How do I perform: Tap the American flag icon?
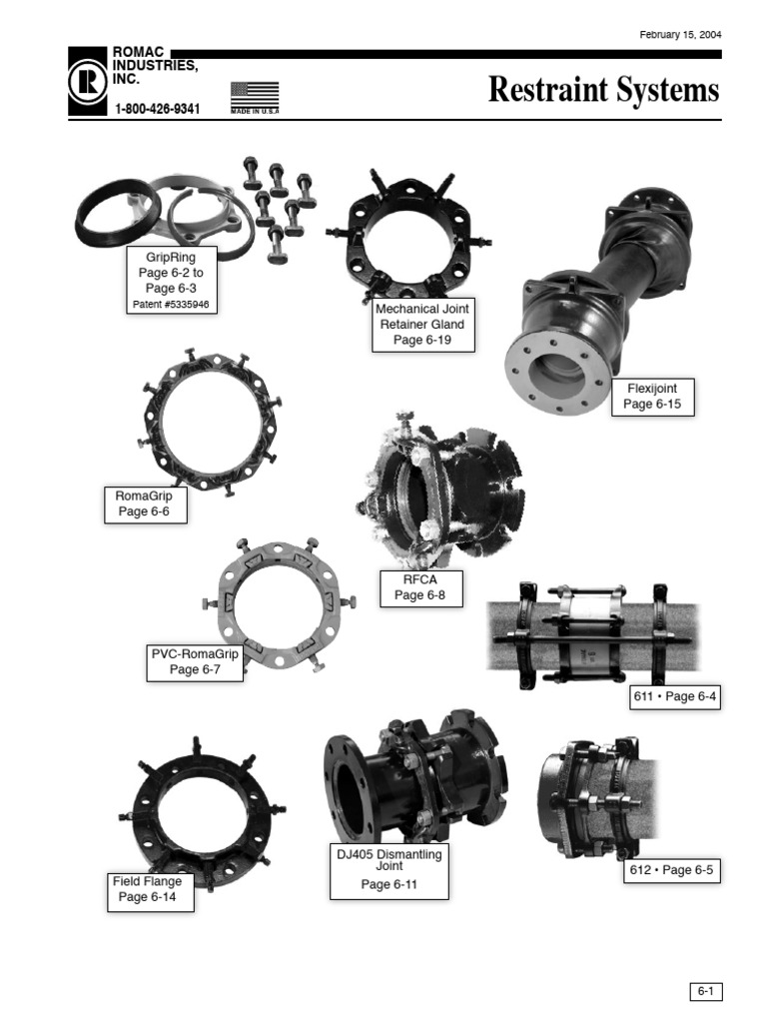coord(254,96)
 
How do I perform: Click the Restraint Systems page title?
coord(603,90)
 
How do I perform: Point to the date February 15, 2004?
coord(680,35)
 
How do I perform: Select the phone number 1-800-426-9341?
coord(158,109)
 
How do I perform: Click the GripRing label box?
coord(171,278)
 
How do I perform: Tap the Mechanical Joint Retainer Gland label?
coord(422,325)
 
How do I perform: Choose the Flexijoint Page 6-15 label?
coord(651,396)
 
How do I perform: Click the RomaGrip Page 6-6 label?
coord(146,504)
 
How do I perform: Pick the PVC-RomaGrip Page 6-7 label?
coord(195,662)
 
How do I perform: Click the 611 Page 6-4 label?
coord(675,696)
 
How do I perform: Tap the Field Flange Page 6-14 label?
coord(147,889)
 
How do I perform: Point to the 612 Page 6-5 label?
coord(674,870)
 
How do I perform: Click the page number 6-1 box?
coord(705,991)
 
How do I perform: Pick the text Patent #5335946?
coord(171,304)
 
